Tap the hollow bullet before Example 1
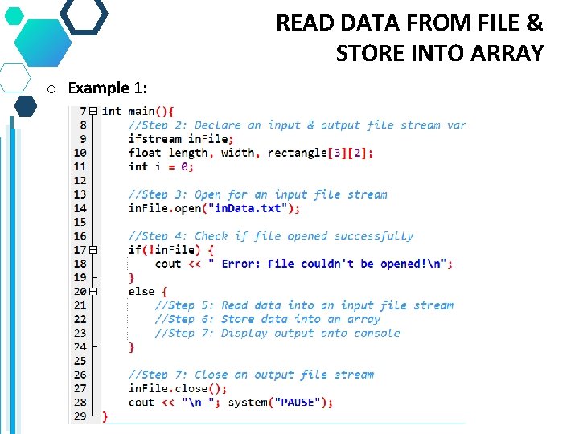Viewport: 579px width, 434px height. pos(50,88)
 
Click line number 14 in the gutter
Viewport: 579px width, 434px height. pos(80,208)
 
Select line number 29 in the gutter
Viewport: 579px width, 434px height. pos(80,416)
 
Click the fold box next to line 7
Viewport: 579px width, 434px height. pos(93,111)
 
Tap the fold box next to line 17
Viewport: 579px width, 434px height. pos(93,250)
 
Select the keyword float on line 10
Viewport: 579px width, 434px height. pos(145,153)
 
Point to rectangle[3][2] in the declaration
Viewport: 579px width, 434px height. pos(320,153)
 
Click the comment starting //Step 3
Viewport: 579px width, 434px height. pos(257,194)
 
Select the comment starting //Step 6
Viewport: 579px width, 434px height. pos(267,319)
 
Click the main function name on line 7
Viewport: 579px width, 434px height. pos(142,111)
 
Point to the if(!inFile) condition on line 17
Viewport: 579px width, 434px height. pos(161,250)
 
